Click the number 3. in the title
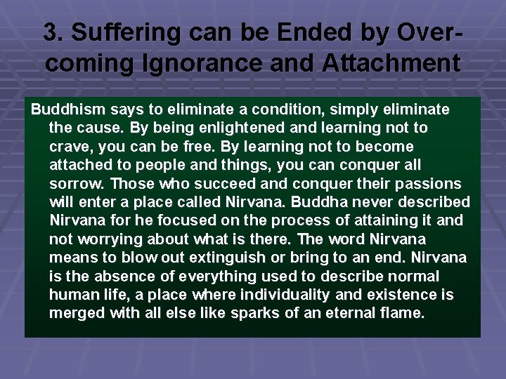coord(53,33)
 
